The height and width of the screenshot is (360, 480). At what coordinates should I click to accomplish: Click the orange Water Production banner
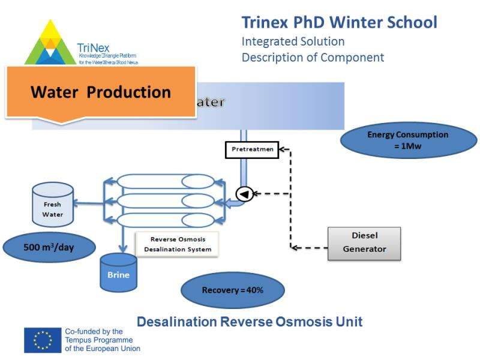pyautogui.click(x=101, y=92)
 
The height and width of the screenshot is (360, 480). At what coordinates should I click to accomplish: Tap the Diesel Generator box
pyautogui.click(x=364, y=242)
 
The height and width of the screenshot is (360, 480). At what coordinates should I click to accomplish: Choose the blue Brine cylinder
pyautogui.click(x=118, y=271)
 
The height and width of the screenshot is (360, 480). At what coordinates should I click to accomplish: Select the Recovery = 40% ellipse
pyautogui.click(x=232, y=290)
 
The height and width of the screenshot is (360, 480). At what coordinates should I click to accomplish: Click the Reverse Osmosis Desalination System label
pyautogui.click(x=176, y=244)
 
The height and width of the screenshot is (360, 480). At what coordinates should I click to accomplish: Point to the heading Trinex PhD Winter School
pyautogui.click(x=339, y=23)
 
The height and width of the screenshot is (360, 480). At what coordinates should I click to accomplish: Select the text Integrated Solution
pyautogui.click(x=293, y=42)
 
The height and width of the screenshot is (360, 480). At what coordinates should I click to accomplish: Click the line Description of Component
pyautogui.click(x=312, y=58)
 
